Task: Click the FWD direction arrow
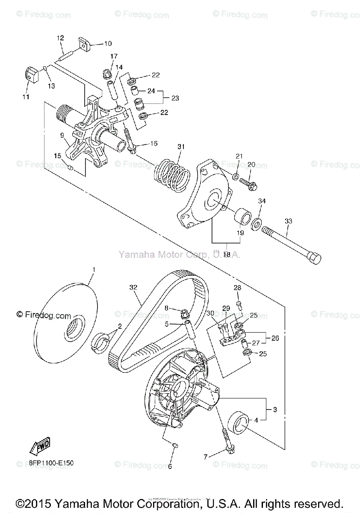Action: (x=40, y=445)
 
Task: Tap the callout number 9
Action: (x=62, y=136)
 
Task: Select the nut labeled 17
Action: (x=108, y=75)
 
